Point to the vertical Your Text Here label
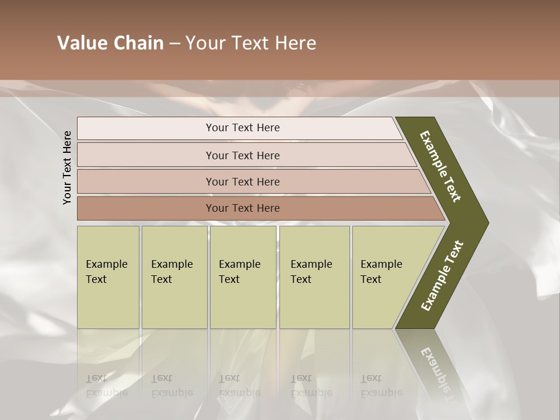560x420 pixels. point(67,167)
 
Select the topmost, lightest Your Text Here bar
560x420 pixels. point(242,128)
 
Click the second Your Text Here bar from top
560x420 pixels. point(242,155)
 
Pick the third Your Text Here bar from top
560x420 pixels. point(242,181)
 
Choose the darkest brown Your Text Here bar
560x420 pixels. point(242,208)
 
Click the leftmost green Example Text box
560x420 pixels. point(108,277)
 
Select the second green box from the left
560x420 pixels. point(174,277)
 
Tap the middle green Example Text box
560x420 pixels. point(243,277)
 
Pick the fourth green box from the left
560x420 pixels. point(314,277)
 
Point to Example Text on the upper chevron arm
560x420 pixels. point(440,166)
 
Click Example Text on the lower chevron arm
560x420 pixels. point(442,276)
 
